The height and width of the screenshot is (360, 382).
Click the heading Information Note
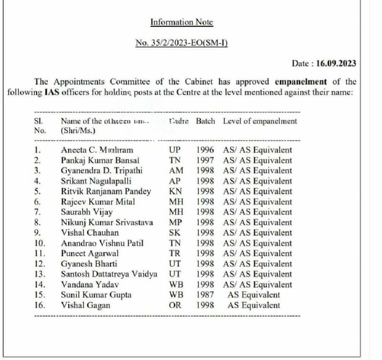coord(182,22)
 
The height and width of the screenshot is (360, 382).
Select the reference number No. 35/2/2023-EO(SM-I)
coord(182,42)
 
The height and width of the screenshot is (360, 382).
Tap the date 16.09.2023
coord(336,63)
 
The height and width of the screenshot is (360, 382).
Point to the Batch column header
coord(205,121)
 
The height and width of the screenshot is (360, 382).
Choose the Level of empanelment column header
coord(260,121)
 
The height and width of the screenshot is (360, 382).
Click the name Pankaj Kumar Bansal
coord(100,160)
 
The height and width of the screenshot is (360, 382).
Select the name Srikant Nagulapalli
coord(96,181)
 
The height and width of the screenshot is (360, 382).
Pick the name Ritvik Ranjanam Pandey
coord(106,191)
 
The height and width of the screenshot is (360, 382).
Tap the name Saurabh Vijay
coord(87,212)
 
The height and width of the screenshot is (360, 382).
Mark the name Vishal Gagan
coord(86,305)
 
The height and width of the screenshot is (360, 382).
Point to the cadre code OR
coord(174,305)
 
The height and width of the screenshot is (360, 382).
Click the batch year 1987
coord(205,295)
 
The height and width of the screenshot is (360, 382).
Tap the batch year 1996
coord(205,150)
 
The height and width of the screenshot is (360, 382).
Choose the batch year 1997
coord(205,160)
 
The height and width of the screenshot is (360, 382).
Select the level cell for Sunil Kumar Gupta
coord(254,295)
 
